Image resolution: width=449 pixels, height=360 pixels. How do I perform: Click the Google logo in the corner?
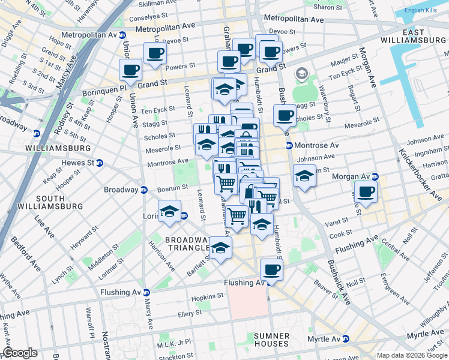click(20, 353)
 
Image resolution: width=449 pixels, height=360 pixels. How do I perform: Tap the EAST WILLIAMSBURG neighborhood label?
click(414, 36)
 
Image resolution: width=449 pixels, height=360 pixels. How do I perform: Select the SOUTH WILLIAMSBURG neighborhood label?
click(50, 202)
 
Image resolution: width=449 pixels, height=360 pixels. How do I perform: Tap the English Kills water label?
click(423, 10)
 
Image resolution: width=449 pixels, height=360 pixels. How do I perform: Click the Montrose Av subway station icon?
click(289, 146)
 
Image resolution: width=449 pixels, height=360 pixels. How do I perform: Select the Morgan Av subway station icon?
click(375, 176)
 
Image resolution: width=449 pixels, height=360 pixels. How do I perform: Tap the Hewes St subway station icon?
click(100, 163)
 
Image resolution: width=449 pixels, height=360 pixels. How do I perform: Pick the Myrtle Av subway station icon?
click(345, 339)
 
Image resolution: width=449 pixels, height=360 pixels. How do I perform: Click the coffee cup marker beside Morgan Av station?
click(366, 192)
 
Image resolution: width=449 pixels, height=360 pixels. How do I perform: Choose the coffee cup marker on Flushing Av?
click(271, 270)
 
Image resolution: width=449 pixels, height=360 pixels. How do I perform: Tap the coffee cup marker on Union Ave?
click(130, 70)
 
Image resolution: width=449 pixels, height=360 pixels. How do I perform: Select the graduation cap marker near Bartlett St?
click(221, 248)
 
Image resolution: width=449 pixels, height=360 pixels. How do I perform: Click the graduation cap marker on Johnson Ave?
click(305, 176)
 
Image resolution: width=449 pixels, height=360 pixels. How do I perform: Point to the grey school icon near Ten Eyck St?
click(301, 75)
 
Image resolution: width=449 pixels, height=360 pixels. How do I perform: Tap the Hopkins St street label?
click(207, 296)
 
